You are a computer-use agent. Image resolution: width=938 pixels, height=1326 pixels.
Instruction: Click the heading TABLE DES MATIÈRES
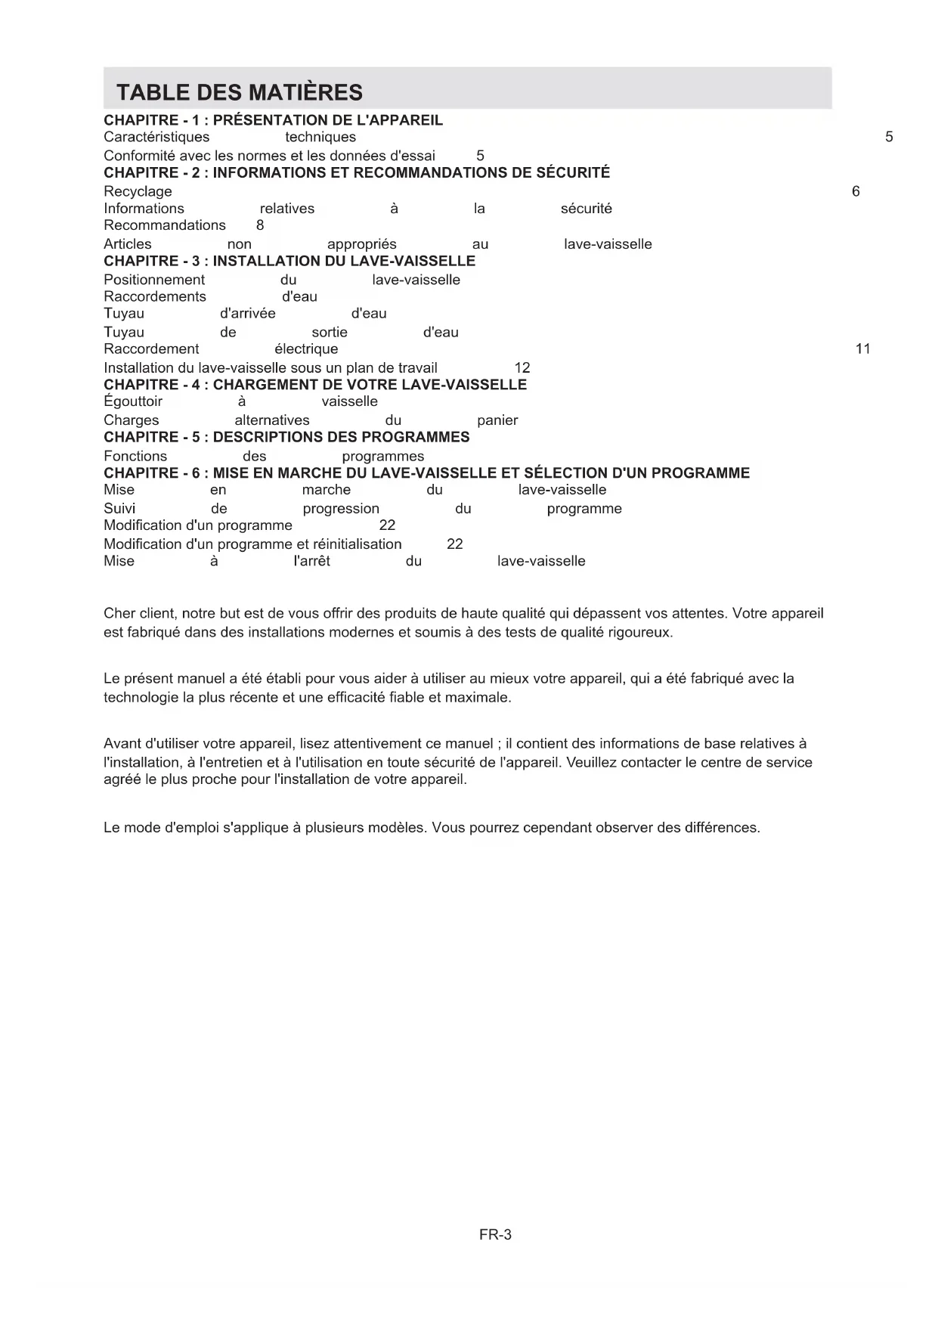point(240,92)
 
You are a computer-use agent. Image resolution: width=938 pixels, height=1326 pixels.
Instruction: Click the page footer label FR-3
point(495,1235)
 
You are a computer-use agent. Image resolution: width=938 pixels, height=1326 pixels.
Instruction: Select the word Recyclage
point(138,191)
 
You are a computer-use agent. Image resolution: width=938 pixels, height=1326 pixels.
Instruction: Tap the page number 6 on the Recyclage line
point(856,191)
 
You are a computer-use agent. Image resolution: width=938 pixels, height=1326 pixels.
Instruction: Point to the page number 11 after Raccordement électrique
point(862,349)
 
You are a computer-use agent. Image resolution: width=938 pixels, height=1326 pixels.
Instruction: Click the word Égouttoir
point(133,401)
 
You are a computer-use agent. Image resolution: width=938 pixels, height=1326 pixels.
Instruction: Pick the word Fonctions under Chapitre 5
point(135,456)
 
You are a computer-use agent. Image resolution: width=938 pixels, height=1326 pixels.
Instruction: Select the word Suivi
point(119,509)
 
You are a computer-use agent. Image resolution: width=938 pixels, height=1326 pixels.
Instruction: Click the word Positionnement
point(154,280)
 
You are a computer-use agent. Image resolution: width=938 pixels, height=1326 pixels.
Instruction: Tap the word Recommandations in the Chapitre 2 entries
point(165,225)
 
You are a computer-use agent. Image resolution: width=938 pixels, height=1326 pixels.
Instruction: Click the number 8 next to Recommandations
point(260,225)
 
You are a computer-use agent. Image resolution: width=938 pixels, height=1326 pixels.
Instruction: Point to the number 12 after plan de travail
point(522,367)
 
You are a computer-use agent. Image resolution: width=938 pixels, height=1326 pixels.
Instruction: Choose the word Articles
point(128,244)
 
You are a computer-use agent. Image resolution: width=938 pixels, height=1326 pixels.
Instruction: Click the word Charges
point(132,420)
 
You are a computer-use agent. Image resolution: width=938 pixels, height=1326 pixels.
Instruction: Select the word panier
point(497,420)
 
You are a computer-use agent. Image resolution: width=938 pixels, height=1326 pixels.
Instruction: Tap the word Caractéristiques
point(156,137)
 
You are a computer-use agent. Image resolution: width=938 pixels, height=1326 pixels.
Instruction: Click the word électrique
point(306,349)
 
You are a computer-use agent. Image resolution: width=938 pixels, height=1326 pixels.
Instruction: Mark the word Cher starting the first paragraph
point(119,613)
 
